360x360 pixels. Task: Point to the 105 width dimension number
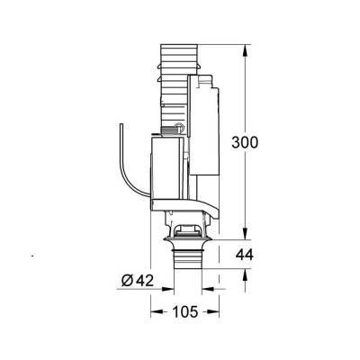point(184,313)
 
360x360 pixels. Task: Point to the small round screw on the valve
point(178,126)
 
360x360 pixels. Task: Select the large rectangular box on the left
point(167,171)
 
